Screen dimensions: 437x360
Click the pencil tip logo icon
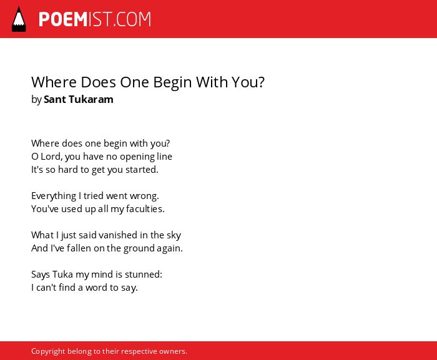pyautogui.click(x=19, y=19)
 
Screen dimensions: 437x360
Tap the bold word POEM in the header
pyautogui.click(x=63, y=19)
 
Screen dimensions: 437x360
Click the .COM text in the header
pyautogui.click(x=132, y=19)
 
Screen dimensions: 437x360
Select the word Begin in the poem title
pyautogui.click(x=172, y=82)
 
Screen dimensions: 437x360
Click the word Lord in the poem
pyautogui.click(x=52, y=157)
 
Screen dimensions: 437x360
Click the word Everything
pyautogui.click(x=54, y=196)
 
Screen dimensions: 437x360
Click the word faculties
pyautogui.click(x=145, y=208)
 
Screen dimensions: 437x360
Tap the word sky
pyautogui.click(x=174, y=235)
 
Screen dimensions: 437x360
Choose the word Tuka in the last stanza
pyautogui.click(x=62, y=274)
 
